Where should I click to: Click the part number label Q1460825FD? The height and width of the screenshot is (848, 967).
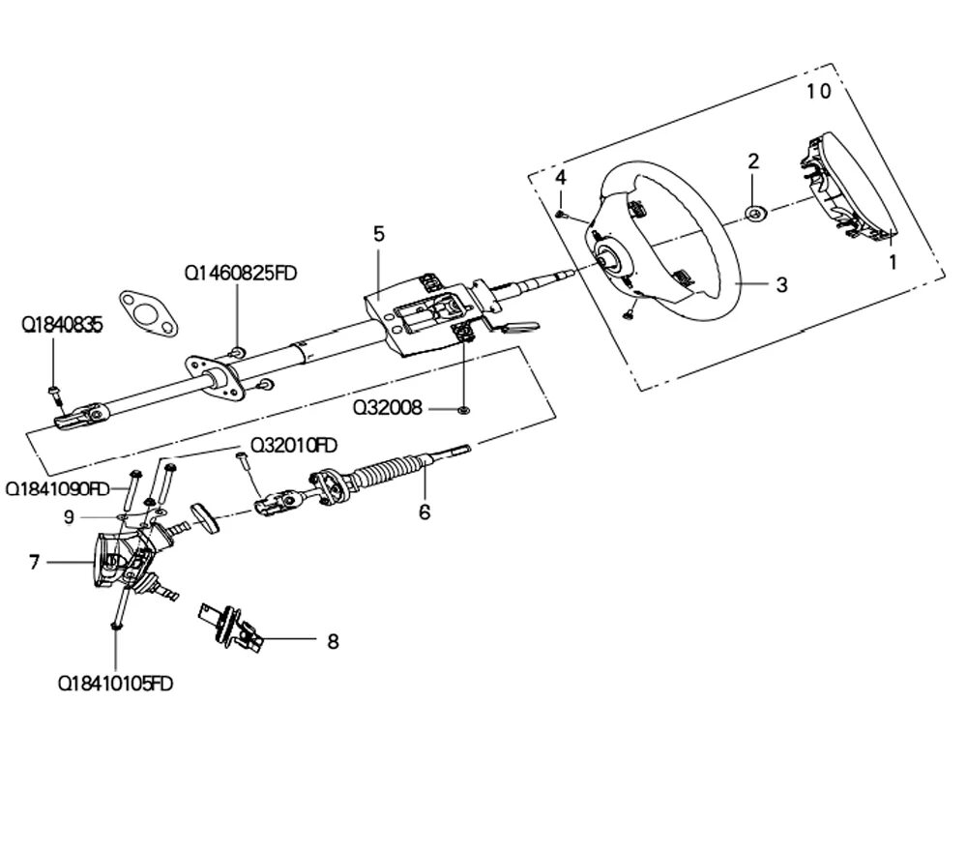tap(241, 274)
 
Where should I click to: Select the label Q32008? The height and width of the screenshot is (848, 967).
tap(388, 408)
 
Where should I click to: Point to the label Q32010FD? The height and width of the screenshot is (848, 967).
tap(294, 445)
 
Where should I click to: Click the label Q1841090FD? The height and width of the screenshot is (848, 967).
tap(58, 488)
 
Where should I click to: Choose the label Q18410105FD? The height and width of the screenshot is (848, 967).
tap(116, 685)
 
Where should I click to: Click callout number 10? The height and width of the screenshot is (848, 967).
tap(818, 92)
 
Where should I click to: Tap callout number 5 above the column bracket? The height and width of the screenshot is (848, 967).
tap(378, 234)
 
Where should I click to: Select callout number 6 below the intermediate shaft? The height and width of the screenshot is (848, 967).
tap(424, 512)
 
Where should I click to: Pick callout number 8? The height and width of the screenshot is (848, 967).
tap(333, 640)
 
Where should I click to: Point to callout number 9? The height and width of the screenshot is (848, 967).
tap(69, 517)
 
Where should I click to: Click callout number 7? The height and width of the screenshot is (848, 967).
tap(35, 562)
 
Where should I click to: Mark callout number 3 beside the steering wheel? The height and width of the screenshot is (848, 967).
tap(781, 284)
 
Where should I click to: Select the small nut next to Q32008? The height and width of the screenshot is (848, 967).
tap(464, 410)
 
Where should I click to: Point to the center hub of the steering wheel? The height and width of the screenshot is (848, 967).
tap(609, 259)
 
